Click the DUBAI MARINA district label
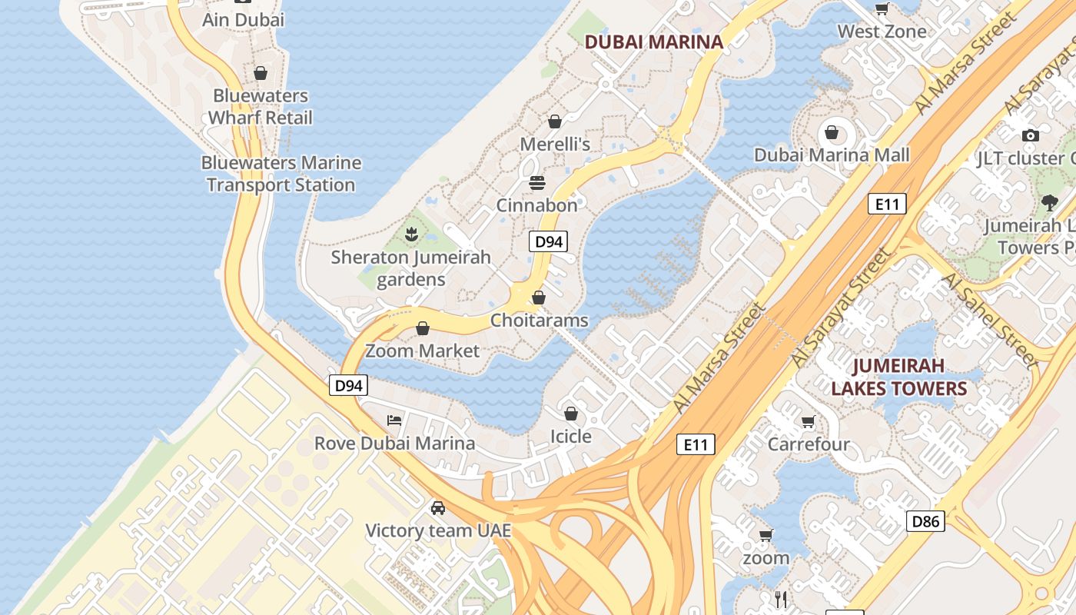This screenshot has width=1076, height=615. coord(654,42)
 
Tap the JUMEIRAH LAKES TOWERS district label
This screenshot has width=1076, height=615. coord(898,377)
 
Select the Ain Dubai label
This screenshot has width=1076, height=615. coord(243,20)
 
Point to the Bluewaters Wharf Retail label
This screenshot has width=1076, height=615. coord(261,107)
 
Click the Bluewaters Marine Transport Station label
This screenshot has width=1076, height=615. coord(281,174)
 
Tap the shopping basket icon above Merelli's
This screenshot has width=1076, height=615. coord(555,121)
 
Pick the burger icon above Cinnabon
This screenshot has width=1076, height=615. coord(536,183)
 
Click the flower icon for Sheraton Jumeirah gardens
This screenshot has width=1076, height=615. coord(411,234)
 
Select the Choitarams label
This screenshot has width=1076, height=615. coord(539,321)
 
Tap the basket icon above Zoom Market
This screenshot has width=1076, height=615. coord(422,328)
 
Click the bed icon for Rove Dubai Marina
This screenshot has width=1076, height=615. coord(394,421)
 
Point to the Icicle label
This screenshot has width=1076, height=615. coord(571,437)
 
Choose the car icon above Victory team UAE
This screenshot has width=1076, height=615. coord(438,508)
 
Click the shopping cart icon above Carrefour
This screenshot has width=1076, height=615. coord(808,421)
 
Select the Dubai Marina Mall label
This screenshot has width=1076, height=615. coord(832,155)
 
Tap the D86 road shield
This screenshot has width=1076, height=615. coord(925,521)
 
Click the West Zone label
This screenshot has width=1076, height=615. coord(882,32)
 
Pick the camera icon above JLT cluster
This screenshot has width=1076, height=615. coord(1031,135)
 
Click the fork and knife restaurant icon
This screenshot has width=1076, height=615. coord(781,599)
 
